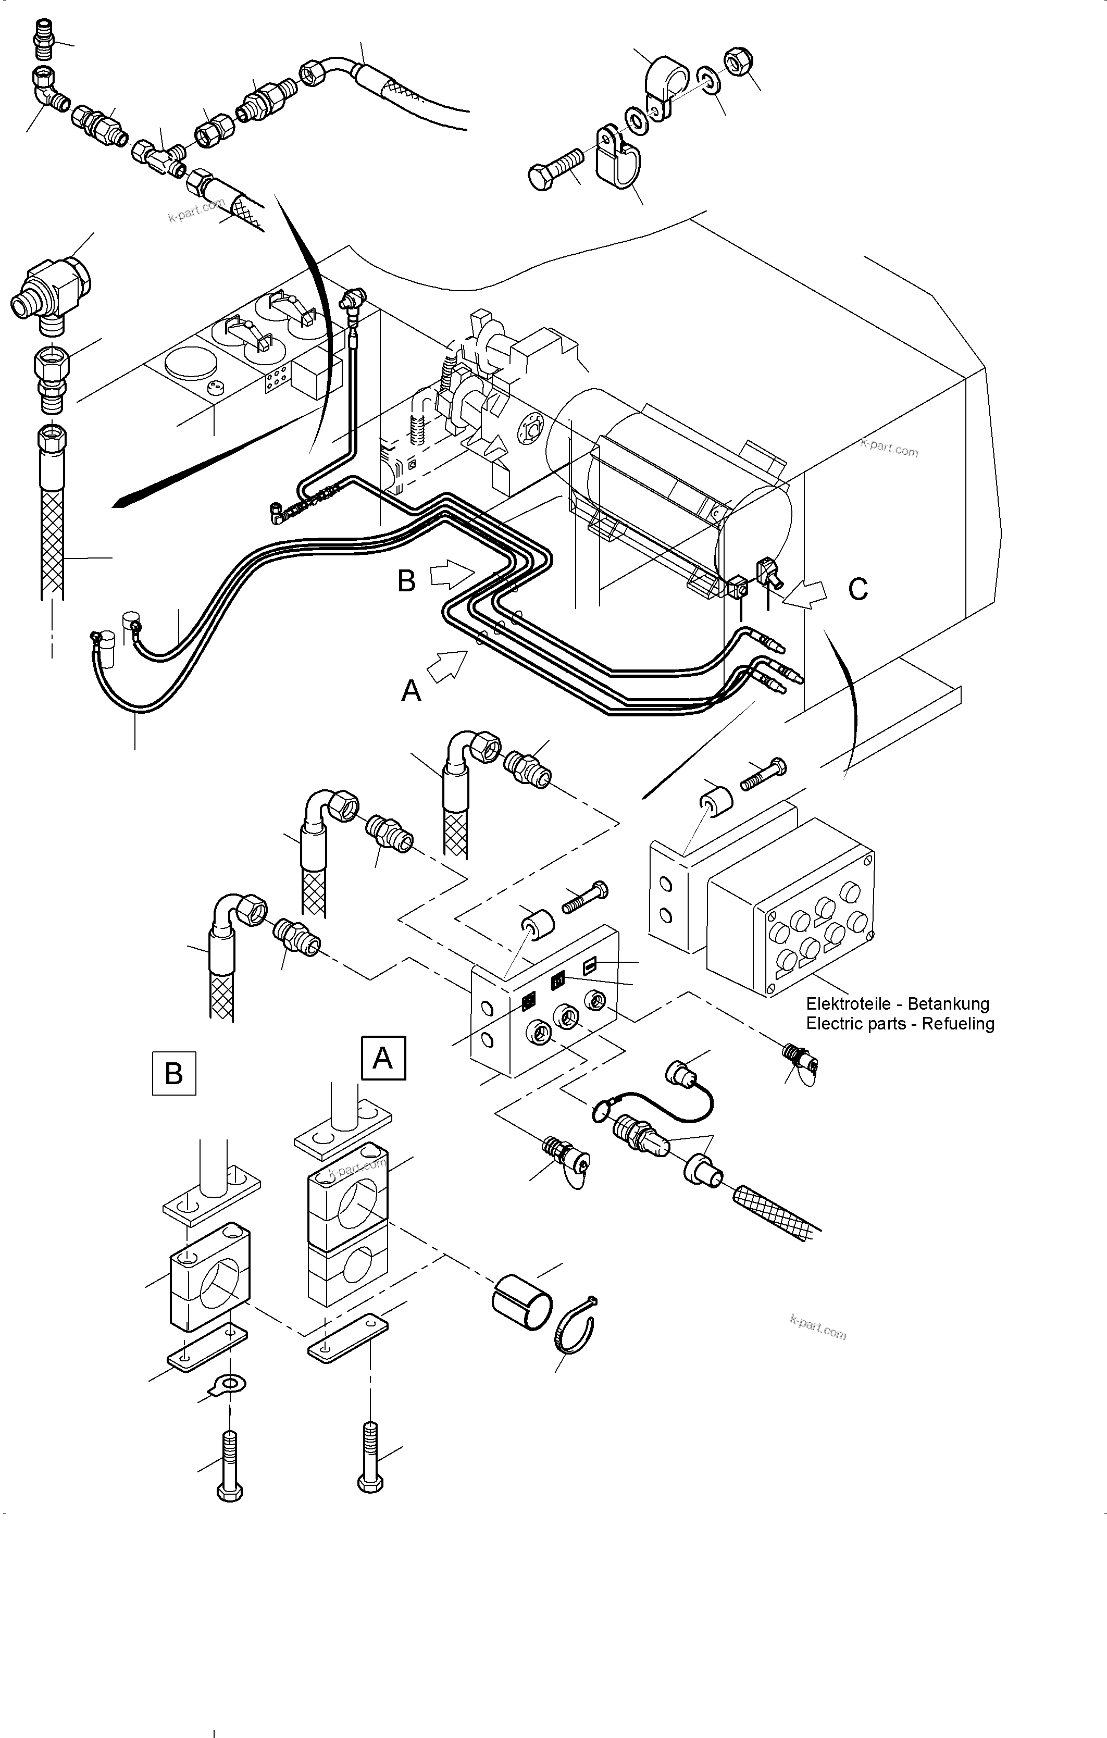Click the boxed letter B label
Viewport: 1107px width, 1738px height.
(174, 1073)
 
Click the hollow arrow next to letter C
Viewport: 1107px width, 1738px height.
(805, 593)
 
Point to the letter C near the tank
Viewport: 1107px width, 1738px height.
(857, 590)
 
